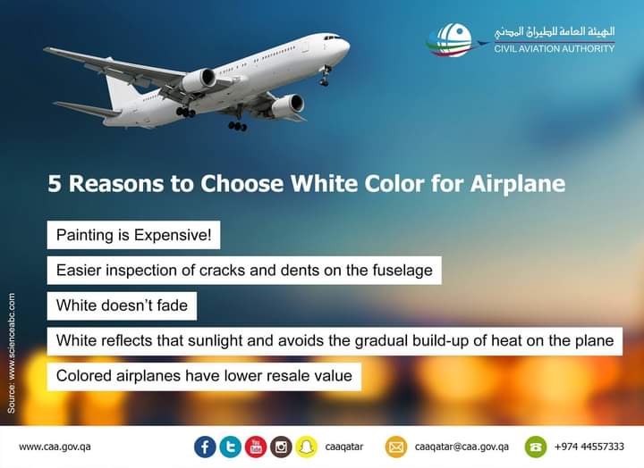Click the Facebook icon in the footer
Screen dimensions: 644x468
205,447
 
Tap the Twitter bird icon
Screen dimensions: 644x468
231,447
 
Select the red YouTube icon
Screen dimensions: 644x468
256,447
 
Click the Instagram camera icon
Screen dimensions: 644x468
281,447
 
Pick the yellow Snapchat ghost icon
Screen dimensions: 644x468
306,447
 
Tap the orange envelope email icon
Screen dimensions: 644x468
396,447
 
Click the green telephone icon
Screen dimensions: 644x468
536,447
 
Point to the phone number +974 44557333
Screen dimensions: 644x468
589,447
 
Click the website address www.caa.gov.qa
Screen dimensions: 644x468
55,447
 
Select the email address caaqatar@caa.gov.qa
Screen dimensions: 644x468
462,447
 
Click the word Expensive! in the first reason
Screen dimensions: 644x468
173,235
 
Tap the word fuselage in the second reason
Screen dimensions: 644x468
402,271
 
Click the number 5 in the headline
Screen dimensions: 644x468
55,184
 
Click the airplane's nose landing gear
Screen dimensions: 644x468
326,76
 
